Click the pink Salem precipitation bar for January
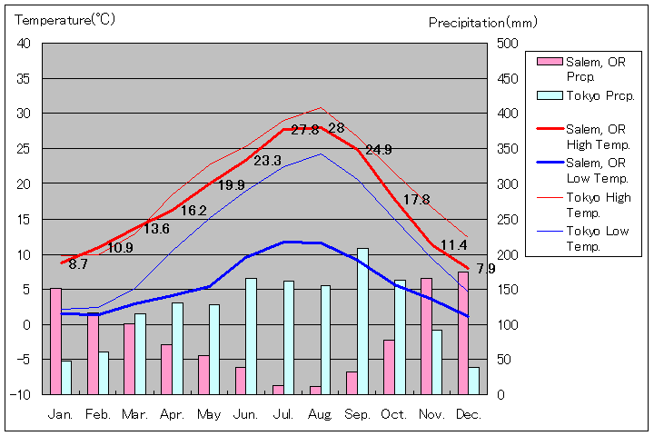(x=55, y=341)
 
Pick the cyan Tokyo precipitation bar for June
(x=252, y=336)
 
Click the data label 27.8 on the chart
(x=305, y=130)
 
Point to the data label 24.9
(x=378, y=150)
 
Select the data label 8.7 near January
(x=78, y=264)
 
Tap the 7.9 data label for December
(x=486, y=269)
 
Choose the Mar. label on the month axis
(x=134, y=414)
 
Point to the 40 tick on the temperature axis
(x=24, y=44)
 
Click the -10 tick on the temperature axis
(x=21, y=394)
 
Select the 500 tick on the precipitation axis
(x=505, y=44)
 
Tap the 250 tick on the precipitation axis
(x=505, y=219)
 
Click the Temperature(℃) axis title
(x=65, y=20)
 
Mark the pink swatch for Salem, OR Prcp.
(x=549, y=62)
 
